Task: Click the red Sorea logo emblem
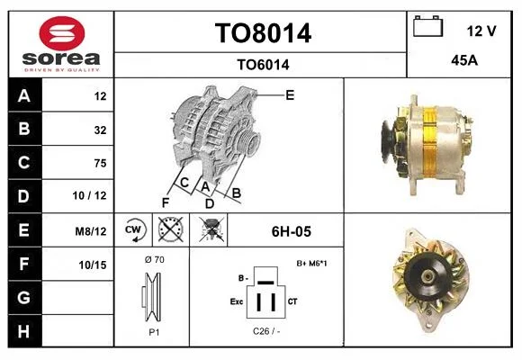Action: [x=62, y=33]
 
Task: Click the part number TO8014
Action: [x=263, y=33]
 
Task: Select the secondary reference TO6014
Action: [x=263, y=65]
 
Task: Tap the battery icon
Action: [x=428, y=26]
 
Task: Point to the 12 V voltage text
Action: [x=481, y=31]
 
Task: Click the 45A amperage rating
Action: [x=464, y=60]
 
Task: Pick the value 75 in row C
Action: [x=100, y=163]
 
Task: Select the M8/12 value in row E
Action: [x=91, y=231]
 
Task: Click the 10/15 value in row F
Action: [x=93, y=265]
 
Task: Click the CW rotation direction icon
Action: [x=133, y=229]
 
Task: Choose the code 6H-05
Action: [x=292, y=231]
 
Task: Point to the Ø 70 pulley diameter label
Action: [x=155, y=259]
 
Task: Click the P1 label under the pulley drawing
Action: [x=154, y=332]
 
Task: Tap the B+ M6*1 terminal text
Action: [x=311, y=264]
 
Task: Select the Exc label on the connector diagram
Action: [x=237, y=301]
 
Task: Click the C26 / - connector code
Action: [x=266, y=331]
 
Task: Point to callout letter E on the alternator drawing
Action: [x=290, y=95]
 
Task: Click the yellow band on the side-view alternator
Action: [x=429, y=141]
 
